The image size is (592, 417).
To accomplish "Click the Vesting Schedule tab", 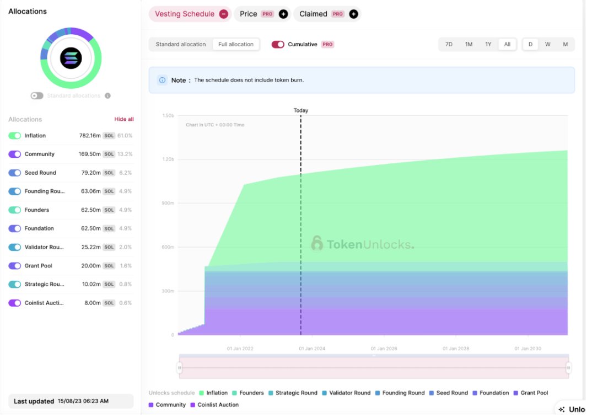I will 184,14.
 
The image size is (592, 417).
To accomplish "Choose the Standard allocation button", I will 181,44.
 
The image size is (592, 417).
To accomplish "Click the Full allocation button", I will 236,44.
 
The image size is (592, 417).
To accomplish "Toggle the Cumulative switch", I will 278,44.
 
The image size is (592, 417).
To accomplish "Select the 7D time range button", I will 449,44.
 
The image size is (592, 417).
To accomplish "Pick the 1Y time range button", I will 488,44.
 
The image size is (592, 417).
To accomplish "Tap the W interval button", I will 547,44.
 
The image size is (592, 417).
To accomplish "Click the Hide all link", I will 123,119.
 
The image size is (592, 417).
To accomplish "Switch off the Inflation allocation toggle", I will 15,136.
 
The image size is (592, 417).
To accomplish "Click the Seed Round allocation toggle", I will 15,173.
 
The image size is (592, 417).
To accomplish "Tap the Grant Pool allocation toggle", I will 15,266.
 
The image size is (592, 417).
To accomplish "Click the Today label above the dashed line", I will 300,110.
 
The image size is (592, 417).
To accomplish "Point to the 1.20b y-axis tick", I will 168,159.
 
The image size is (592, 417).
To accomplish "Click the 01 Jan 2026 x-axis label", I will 384,349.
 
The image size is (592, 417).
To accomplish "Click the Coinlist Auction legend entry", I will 214,405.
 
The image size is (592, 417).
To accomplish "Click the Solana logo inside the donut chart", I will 71,58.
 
